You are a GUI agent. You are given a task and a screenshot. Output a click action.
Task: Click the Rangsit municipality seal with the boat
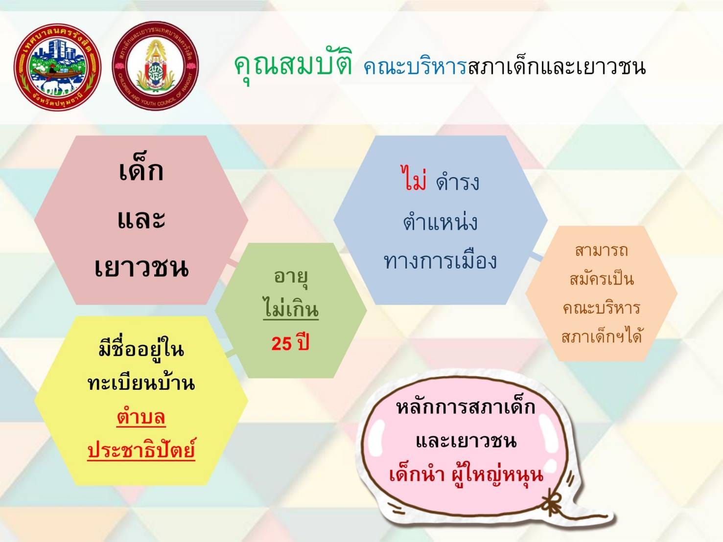57,67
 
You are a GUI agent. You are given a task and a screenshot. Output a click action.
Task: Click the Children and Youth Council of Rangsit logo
156,65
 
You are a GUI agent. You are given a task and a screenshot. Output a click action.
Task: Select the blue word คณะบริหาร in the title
415,67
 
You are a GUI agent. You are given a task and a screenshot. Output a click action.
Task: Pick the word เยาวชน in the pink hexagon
141,267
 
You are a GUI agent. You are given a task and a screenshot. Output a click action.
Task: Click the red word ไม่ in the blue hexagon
414,178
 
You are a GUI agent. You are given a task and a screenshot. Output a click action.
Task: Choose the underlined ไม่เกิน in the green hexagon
291,307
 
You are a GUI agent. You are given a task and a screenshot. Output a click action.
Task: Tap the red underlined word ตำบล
141,417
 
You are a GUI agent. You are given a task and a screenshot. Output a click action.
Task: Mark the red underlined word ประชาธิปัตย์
141,449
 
